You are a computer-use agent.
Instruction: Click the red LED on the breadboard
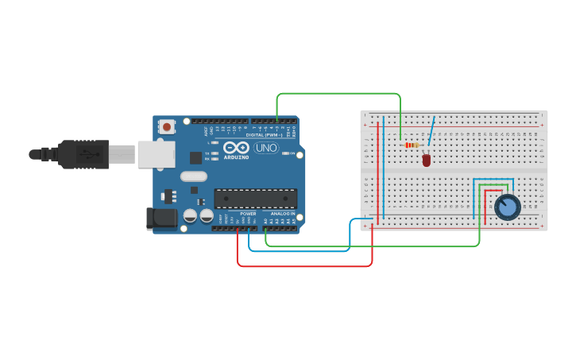click(x=427, y=160)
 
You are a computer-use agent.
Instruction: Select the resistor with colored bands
click(x=412, y=145)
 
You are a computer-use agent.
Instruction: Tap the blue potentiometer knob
click(x=507, y=207)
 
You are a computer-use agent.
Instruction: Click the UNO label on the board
click(x=265, y=148)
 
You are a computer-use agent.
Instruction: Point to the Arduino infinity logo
click(x=236, y=147)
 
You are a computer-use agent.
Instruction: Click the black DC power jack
click(x=162, y=219)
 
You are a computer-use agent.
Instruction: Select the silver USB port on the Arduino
click(x=156, y=154)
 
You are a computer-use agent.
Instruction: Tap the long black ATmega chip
click(x=255, y=199)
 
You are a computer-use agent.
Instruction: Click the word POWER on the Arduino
click(x=248, y=214)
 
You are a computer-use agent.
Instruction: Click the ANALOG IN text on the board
click(x=281, y=214)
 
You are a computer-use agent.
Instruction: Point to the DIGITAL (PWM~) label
click(x=265, y=135)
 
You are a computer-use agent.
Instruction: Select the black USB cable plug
click(x=83, y=154)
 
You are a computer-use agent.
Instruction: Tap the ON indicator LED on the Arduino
click(x=292, y=153)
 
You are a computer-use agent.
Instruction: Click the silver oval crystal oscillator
click(x=193, y=176)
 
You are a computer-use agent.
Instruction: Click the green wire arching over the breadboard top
click(x=338, y=94)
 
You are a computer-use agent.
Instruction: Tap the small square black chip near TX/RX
click(x=195, y=157)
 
